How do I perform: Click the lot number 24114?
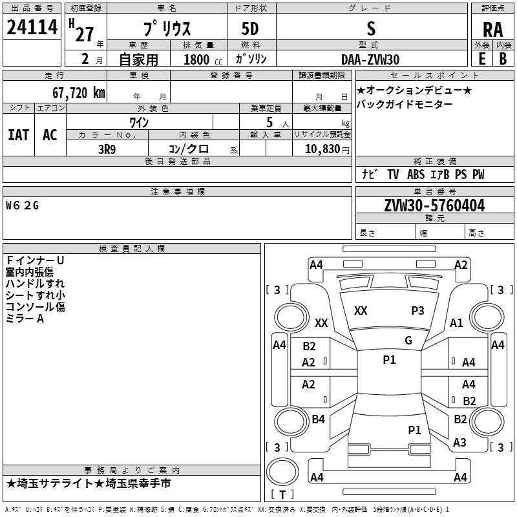pyautogui.click(x=32, y=27)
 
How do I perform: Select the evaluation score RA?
pyautogui.click(x=492, y=30)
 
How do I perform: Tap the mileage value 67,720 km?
pyautogui.click(x=78, y=93)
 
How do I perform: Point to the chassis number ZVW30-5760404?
pyautogui.click(x=434, y=206)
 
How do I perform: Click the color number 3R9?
pyautogui.click(x=107, y=149)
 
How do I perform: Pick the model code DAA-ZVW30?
pyautogui.click(x=370, y=59)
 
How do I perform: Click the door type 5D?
pyautogui.click(x=250, y=29)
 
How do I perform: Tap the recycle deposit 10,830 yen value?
pyautogui.click(x=327, y=149)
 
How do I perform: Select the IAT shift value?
pyautogui.click(x=19, y=135)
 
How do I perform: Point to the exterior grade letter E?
pyautogui.click(x=481, y=59)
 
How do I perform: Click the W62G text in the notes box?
pyautogui.click(x=22, y=206)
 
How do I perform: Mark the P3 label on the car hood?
pyautogui.click(x=417, y=311)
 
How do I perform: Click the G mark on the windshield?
pyautogui.click(x=408, y=341)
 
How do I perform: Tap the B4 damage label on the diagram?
pyautogui.click(x=318, y=419)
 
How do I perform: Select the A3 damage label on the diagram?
pyautogui.click(x=459, y=443)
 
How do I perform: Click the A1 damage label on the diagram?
pyautogui.click(x=456, y=323)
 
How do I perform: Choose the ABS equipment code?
pyautogui.click(x=416, y=174)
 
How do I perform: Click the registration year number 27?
pyautogui.click(x=85, y=35)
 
